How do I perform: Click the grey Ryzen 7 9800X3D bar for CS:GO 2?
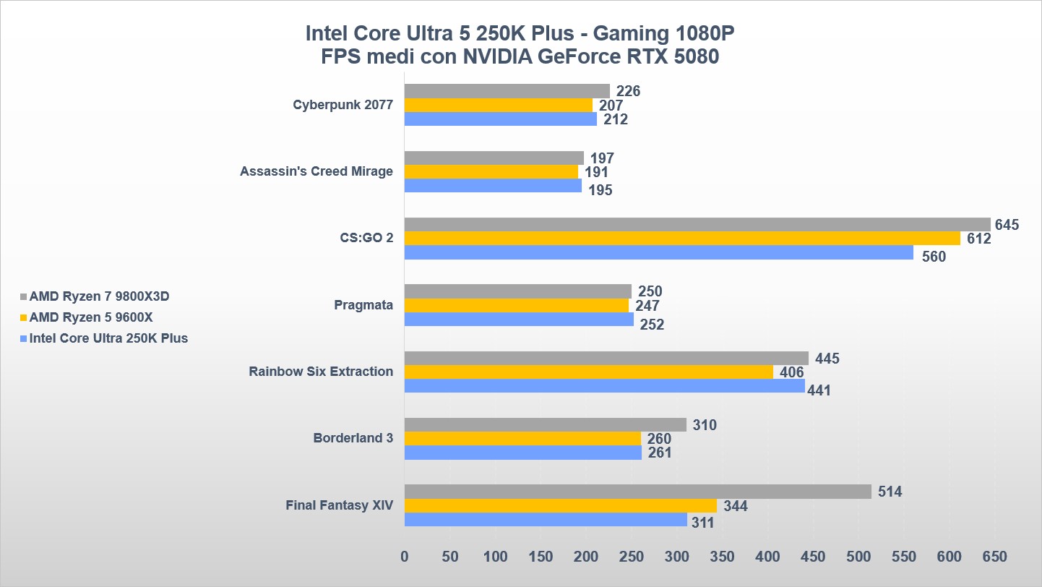tap(697, 225)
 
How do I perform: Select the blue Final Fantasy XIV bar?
tap(546, 520)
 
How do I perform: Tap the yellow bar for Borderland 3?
tap(522, 439)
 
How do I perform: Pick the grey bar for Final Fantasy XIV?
tap(637, 492)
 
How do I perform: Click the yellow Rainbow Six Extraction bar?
tap(588, 372)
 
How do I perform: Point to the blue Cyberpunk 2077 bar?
tap(500, 119)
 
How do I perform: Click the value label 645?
tap(1007, 226)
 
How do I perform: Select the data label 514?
tap(890, 492)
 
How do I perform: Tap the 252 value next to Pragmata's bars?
tap(651, 325)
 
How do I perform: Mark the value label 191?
tap(596, 173)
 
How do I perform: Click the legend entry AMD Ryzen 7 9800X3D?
tap(100, 296)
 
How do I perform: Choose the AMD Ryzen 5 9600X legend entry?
tap(91, 317)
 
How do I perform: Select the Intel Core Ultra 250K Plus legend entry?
tap(108, 338)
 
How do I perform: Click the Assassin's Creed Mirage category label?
tap(317, 171)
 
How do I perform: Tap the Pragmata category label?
tap(363, 305)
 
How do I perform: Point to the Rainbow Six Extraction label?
tap(321, 372)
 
